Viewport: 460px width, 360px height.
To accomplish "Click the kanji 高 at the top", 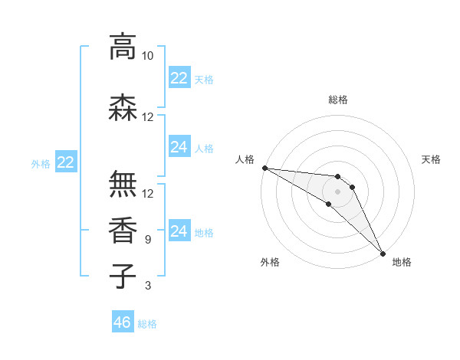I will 123,47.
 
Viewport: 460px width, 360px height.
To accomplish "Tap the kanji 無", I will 123,185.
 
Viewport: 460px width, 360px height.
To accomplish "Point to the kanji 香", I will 123,230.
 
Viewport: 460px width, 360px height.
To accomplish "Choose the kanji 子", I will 123,276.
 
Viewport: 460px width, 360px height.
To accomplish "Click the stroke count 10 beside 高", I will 148,56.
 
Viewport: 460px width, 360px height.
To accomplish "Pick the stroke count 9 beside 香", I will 148,240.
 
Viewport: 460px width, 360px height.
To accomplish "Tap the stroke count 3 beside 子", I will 148,286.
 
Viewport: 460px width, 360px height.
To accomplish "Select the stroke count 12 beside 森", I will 148,116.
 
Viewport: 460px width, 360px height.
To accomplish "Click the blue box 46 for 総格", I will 122,322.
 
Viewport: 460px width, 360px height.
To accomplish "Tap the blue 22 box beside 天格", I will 179,78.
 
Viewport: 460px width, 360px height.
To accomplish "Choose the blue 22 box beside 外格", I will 66,162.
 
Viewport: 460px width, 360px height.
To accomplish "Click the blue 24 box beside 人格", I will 179,147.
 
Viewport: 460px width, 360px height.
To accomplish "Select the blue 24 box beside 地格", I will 179,231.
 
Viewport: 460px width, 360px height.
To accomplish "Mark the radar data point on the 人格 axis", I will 264,168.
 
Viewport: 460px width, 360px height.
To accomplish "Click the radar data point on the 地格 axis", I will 382,252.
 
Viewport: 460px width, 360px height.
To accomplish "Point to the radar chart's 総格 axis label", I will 337,100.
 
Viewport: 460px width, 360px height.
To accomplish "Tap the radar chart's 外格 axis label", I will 270,262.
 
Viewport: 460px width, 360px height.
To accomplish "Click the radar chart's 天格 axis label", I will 432,159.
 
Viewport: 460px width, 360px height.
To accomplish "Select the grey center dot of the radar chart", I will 337,191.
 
